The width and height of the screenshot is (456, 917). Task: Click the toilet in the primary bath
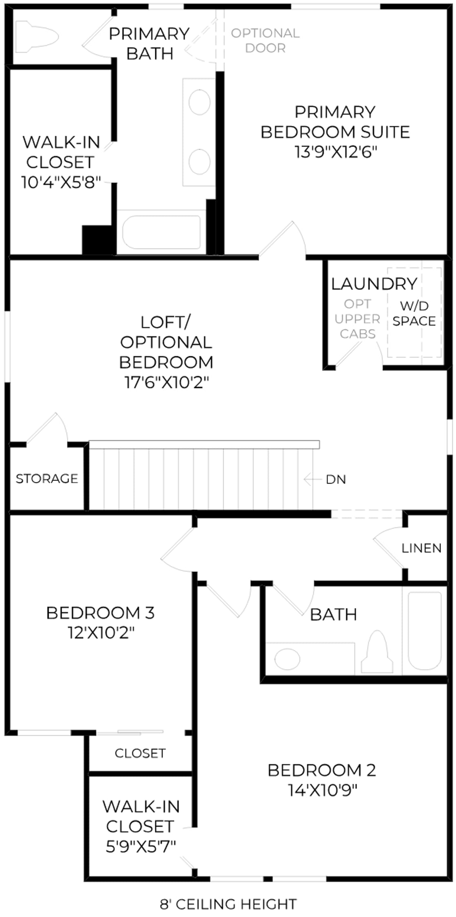click(37, 37)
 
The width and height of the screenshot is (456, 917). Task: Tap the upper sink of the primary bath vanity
click(199, 101)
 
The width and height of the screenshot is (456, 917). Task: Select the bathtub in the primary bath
click(162, 232)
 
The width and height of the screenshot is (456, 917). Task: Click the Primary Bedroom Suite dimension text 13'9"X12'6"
click(336, 152)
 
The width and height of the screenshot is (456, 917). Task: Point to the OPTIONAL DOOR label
click(265, 40)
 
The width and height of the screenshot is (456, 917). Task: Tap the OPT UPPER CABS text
click(357, 319)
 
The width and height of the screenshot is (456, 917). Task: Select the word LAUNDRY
click(374, 284)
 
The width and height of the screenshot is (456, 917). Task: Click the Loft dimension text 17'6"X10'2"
click(167, 382)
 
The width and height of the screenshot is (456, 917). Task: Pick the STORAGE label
click(47, 478)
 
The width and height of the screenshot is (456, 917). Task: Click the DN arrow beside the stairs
click(313, 479)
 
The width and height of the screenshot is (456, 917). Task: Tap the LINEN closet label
click(421, 548)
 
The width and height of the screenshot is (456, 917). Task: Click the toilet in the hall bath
click(377, 652)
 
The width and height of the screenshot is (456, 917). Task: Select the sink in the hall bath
click(287, 659)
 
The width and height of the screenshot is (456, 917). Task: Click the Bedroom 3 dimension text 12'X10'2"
click(101, 633)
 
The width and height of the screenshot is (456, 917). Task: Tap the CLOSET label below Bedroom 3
click(140, 753)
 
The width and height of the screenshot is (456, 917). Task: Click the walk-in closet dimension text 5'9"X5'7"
click(141, 846)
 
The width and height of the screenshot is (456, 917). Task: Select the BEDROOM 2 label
click(322, 770)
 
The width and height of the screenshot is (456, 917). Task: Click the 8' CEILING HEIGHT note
click(228, 904)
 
